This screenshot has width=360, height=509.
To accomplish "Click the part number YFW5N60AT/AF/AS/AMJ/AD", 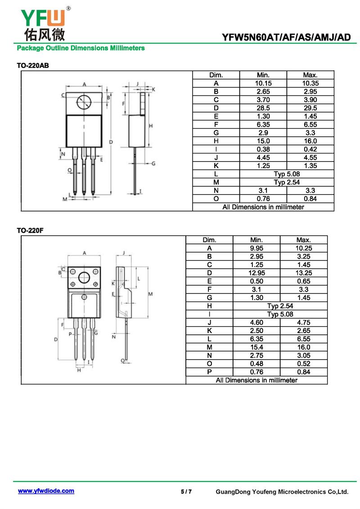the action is click(x=286, y=37).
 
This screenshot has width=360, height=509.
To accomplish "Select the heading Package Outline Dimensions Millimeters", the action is click(x=81, y=48).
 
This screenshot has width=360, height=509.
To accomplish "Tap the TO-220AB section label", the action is click(x=33, y=66).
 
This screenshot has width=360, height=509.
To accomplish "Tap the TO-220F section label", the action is click(x=30, y=230).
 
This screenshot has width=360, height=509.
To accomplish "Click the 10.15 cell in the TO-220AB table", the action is click(x=263, y=83).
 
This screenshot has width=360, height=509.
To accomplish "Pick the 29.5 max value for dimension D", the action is click(x=310, y=108).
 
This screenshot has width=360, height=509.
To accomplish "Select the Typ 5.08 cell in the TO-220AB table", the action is click(x=287, y=174).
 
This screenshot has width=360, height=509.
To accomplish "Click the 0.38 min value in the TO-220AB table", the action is click(x=263, y=149).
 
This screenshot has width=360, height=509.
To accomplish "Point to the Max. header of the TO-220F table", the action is click(x=303, y=240).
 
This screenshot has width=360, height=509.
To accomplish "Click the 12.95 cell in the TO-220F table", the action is click(x=256, y=273).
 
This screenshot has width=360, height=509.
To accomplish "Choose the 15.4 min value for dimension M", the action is click(x=256, y=347).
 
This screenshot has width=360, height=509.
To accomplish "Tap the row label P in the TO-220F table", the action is click(x=209, y=372).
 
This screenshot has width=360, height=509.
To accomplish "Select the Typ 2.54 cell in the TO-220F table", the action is click(x=280, y=306).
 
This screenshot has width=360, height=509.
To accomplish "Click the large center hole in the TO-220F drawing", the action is click(x=84, y=278).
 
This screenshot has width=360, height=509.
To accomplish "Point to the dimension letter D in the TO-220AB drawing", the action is click(x=111, y=142).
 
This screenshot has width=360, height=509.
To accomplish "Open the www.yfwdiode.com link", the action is click(x=46, y=491).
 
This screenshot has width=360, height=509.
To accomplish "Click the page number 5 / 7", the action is click(x=186, y=491).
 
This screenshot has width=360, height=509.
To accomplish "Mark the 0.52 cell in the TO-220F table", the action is click(x=303, y=364).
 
